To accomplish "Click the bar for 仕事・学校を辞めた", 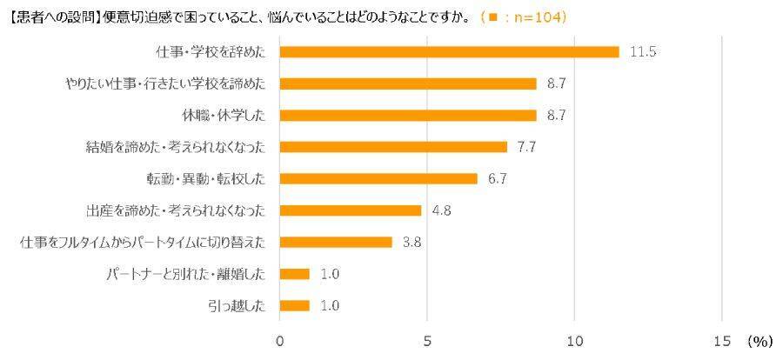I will click(x=449, y=52).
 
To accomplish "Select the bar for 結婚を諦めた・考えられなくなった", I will click(x=393, y=147).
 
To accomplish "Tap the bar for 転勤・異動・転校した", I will click(x=378, y=179).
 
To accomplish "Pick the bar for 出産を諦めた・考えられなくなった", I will click(x=351, y=210).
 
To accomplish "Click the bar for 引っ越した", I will click(x=294, y=305).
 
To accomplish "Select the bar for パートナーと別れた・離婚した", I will click(x=294, y=274).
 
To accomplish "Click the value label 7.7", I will click(x=526, y=147).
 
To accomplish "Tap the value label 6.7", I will click(x=497, y=179).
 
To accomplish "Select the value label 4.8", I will click(x=440, y=210).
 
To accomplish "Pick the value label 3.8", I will click(x=412, y=243).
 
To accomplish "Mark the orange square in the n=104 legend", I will click(x=492, y=17).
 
